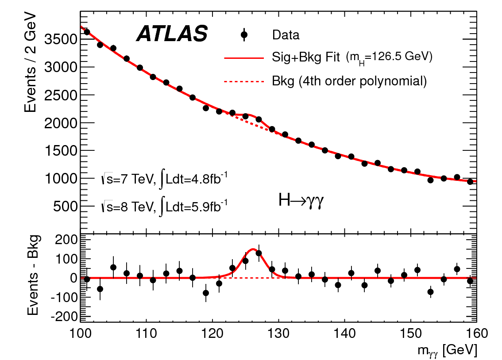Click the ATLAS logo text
[172, 34]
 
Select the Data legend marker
[244, 35]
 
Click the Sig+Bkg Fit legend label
[306, 57]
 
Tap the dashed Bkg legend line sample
[243, 81]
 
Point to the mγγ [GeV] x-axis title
[448, 351]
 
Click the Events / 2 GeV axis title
[31, 65]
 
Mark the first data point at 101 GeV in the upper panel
[87, 32]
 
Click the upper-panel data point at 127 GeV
[259, 119]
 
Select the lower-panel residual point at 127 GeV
[259, 253]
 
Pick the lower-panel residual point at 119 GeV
[206, 293]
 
